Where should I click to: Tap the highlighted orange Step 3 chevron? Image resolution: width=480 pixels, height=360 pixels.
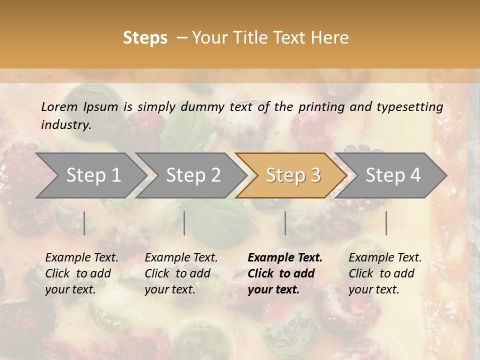tap(293, 175)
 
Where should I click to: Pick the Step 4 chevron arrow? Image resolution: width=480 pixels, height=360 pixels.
tap(393, 175)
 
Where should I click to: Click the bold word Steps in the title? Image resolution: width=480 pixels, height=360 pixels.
tap(145, 38)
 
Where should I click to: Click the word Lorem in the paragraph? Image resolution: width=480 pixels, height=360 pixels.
tap(59, 106)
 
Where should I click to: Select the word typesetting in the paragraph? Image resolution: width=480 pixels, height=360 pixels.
tap(410, 106)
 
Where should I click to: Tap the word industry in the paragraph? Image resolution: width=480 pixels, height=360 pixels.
tap(66, 124)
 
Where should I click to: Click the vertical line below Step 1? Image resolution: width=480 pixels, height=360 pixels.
tap(84, 223)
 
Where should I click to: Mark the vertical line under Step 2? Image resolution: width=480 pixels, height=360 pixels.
tap(184, 223)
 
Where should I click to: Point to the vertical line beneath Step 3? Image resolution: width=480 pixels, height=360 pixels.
tap(285, 223)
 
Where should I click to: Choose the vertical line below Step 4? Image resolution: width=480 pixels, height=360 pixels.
tap(386, 223)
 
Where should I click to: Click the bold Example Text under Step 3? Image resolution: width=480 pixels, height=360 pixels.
tap(285, 257)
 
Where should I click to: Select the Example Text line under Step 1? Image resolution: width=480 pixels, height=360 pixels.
tap(81, 257)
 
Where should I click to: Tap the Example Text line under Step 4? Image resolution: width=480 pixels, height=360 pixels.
tap(385, 257)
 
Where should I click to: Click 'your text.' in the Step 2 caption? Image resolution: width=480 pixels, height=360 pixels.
tap(169, 289)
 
